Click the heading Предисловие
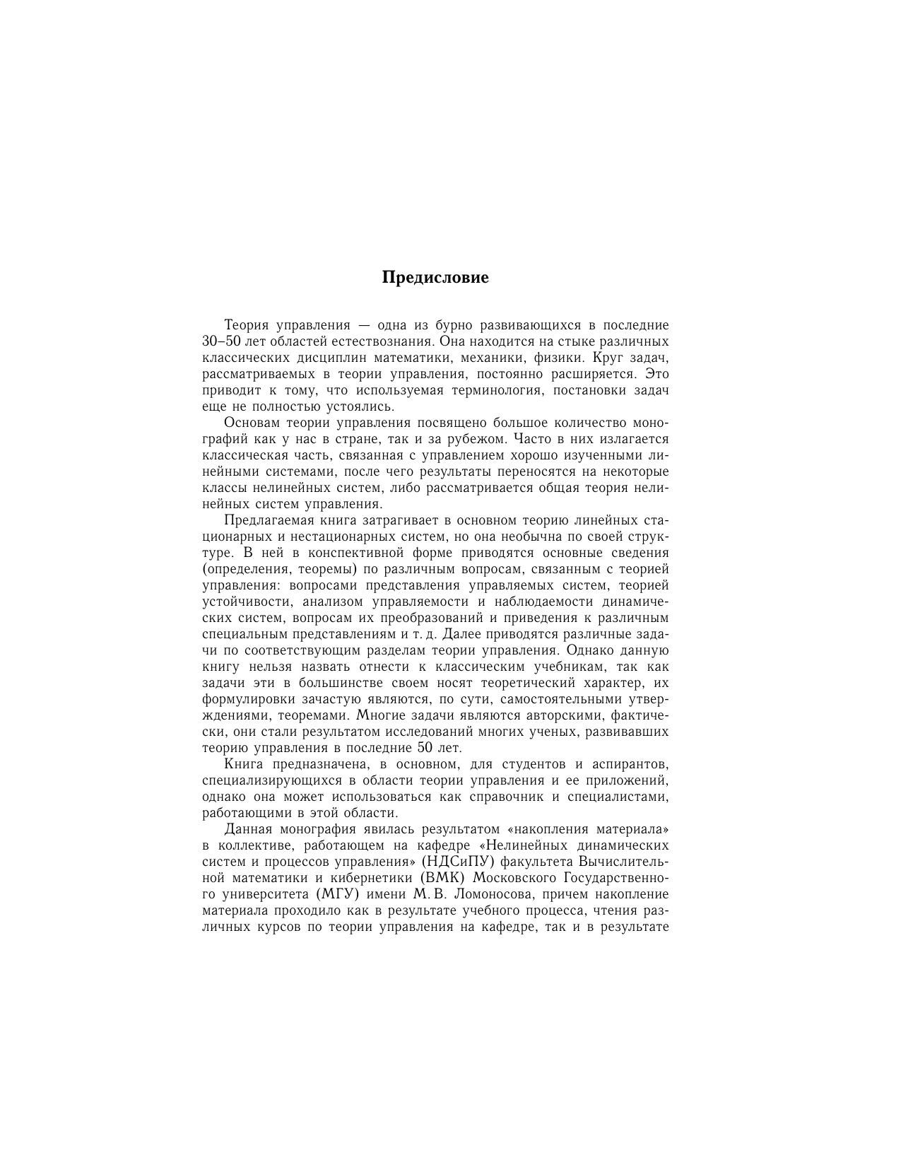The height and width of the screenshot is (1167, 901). coord(435,278)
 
